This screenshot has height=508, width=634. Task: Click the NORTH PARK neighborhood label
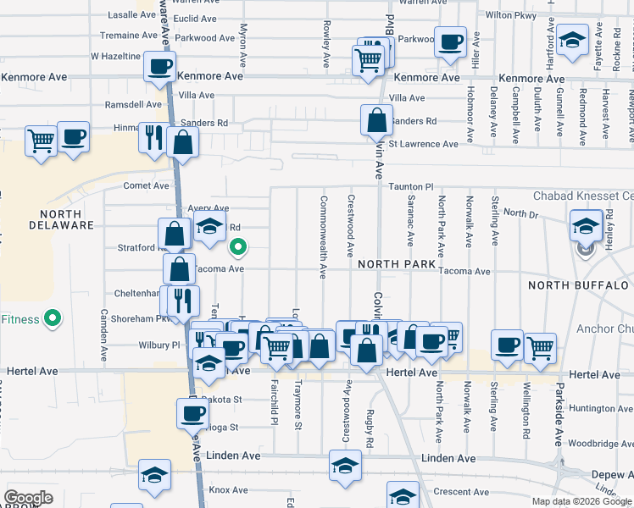click(x=397, y=264)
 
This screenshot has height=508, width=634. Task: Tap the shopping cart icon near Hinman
click(x=41, y=140)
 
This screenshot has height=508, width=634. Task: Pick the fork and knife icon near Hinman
click(x=153, y=137)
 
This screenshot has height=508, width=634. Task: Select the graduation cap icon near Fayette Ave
click(x=574, y=40)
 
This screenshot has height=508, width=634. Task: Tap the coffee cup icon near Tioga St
click(x=192, y=413)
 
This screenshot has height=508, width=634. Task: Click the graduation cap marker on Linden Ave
click(x=344, y=466)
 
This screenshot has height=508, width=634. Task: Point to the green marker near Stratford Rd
click(x=239, y=247)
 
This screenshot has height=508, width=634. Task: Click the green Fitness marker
click(x=53, y=318)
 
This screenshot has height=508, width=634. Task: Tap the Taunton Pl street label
click(x=411, y=185)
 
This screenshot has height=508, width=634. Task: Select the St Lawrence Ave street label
click(x=423, y=144)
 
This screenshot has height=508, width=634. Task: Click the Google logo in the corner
click(x=28, y=498)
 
